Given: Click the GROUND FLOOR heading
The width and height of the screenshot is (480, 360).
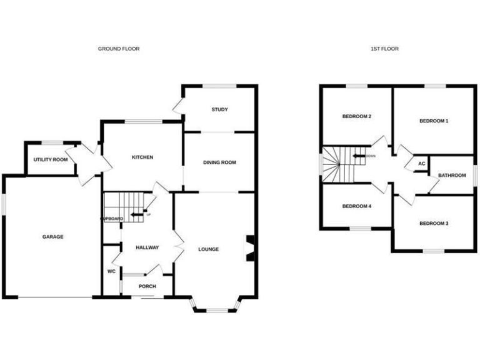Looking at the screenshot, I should pyautogui.click(x=119, y=49).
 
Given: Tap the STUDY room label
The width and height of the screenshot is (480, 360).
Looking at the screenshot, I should pyautogui.click(x=219, y=110).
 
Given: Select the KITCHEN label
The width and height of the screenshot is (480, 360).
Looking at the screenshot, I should pyautogui.click(x=142, y=157).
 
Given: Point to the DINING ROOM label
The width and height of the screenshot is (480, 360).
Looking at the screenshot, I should pyautogui.click(x=219, y=162).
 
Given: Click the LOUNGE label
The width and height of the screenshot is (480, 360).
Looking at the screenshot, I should pyautogui.click(x=208, y=249).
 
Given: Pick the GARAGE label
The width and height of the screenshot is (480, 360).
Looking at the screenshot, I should pyautogui.click(x=52, y=237).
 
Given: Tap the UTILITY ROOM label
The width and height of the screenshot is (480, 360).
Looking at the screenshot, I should pyautogui.click(x=51, y=160).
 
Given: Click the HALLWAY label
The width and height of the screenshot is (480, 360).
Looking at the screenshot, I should pyautogui.click(x=147, y=247).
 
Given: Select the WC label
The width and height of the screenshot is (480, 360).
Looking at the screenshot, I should pyautogui.click(x=111, y=272).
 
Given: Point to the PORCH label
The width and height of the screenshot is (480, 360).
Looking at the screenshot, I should pyautogui.click(x=147, y=287).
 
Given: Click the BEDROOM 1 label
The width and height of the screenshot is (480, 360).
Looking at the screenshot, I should pyautogui.click(x=434, y=121).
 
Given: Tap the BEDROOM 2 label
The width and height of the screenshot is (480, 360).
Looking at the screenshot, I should pyautogui.click(x=357, y=116).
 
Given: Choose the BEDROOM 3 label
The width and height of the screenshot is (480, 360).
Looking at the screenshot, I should pyautogui.click(x=434, y=224).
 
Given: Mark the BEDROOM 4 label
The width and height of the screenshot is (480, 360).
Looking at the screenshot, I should pyautogui.click(x=357, y=206).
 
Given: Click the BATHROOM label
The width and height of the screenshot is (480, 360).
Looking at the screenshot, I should pyautogui.click(x=452, y=176).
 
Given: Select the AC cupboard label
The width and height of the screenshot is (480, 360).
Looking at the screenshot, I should pyautogui.click(x=421, y=164).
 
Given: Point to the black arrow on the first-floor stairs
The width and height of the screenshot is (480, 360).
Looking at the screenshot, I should pyautogui.click(x=359, y=156).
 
